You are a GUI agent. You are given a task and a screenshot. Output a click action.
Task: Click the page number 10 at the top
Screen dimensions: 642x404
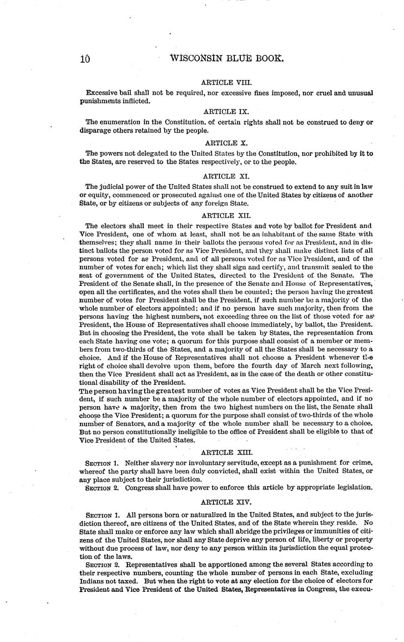coord(84,59)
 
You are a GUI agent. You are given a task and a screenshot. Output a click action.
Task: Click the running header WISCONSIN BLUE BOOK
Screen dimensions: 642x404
coord(226,59)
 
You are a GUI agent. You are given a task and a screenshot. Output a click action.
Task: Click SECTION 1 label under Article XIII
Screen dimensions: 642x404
coord(103,463)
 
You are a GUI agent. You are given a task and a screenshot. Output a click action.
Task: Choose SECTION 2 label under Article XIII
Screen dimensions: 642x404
coord(103,488)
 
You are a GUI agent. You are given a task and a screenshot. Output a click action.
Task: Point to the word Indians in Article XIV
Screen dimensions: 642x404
coord(92,582)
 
